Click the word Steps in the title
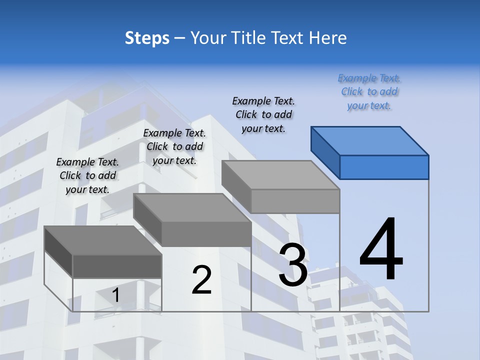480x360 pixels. tap(147, 38)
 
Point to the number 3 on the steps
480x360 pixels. tap(293, 265)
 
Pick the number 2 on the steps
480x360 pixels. tap(201, 280)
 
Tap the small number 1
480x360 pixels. tap(116, 295)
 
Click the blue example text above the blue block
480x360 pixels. tap(369, 92)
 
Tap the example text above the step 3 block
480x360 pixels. tap(263, 114)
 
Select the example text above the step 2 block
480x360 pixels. tap(174, 146)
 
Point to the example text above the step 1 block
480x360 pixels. tap(87, 175)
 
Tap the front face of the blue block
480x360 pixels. tap(384, 167)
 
